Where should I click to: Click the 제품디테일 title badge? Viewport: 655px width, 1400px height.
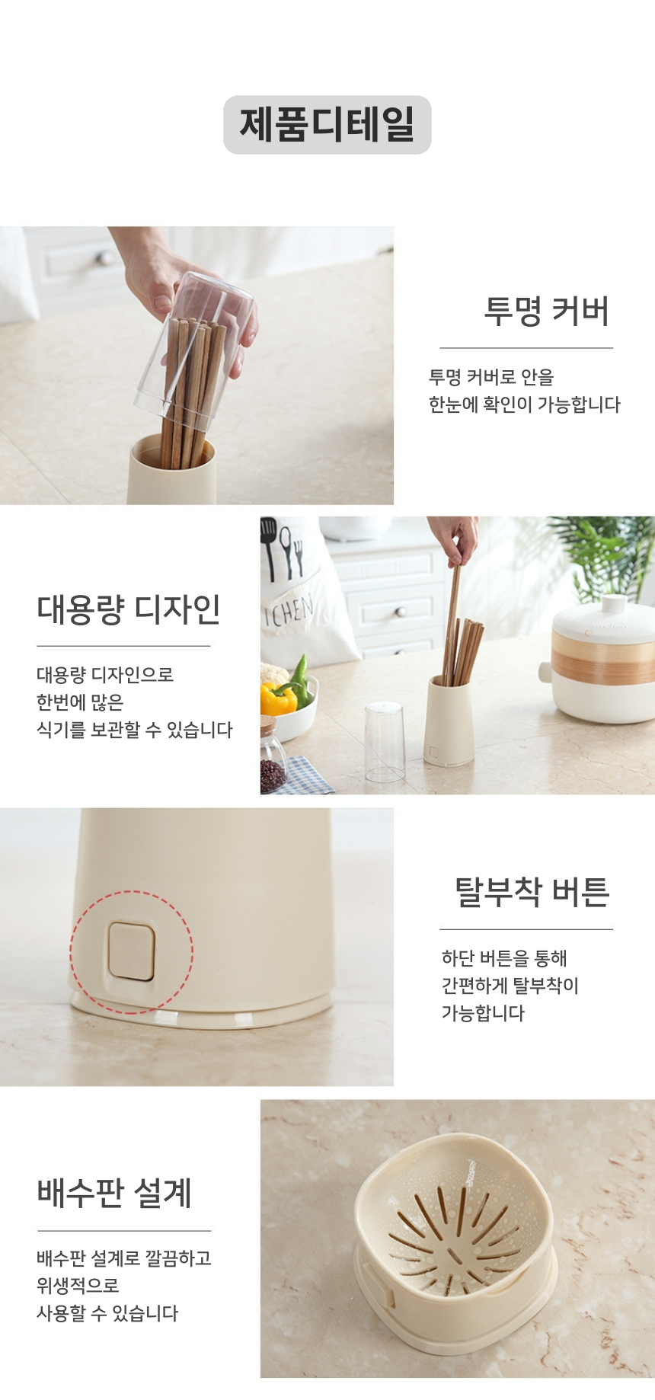pos(327,125)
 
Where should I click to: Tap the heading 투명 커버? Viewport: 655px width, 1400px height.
pos(547,312)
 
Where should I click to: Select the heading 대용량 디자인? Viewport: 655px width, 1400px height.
pos(129,609)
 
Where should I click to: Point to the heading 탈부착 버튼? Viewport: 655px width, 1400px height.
pos(532,892)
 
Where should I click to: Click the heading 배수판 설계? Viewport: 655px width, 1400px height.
pos(114,1193)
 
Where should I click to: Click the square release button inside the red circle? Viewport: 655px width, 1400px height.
pos(131,951)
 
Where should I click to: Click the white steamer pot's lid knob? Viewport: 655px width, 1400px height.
pos(614,605)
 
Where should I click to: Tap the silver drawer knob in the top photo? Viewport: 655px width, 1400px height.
pos(102,258)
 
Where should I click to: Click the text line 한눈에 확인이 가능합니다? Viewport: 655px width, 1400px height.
pos(524,404)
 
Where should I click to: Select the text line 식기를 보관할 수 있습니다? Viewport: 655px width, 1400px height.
pos(135,730)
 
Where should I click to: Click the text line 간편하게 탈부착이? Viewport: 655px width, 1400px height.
pos(510,986)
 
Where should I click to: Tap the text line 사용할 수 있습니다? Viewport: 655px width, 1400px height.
pos(107,1313)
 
